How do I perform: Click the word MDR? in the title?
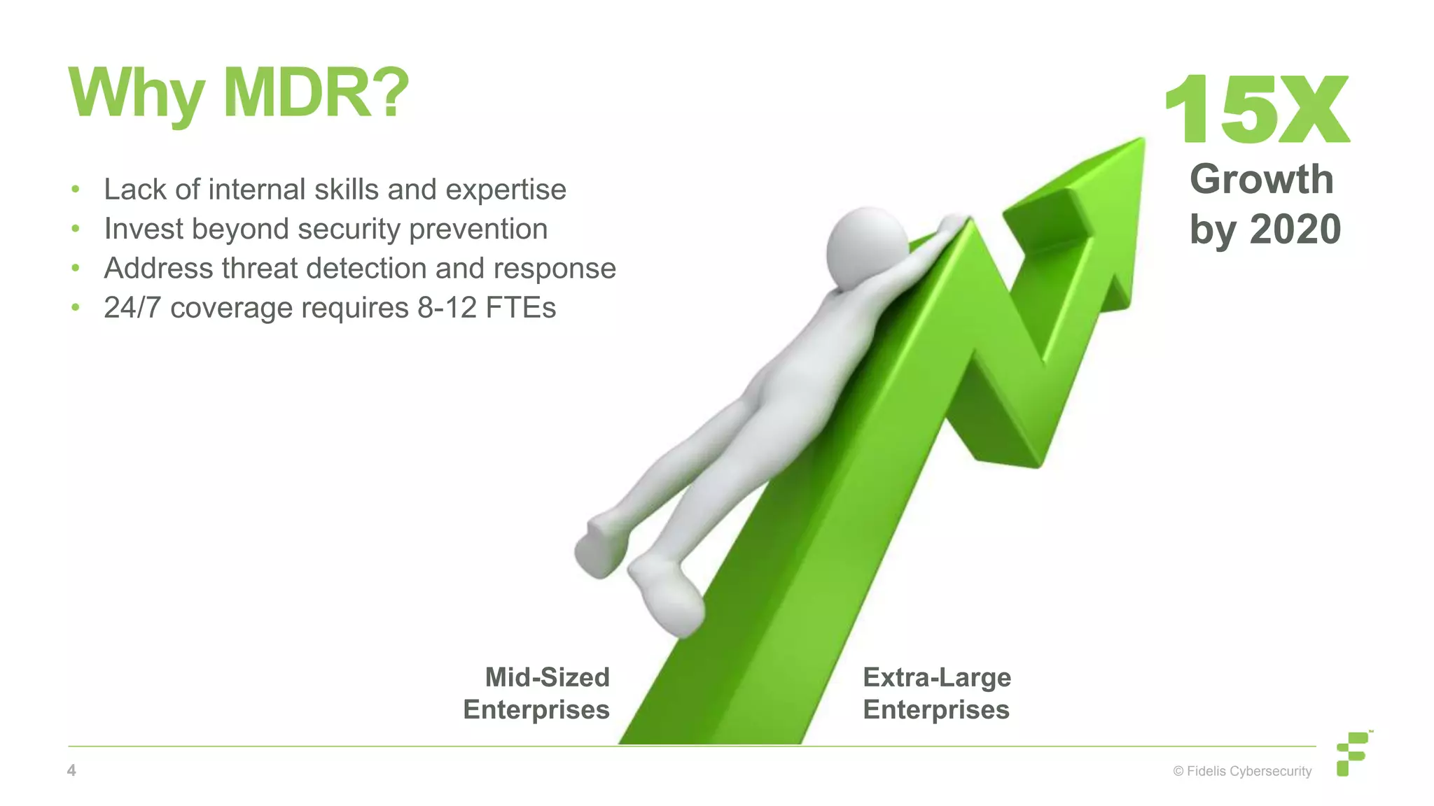click(x=315, y=93)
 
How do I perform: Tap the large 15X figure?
click(x=1257, y=110)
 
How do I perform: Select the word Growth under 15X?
click(x=1262, y=179)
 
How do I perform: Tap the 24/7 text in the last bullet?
click(x=132, y=308)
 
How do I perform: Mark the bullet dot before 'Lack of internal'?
click(x=76, y=190)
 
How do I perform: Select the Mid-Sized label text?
click(x=547, y=677)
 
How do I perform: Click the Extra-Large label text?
click(x=937, y=677)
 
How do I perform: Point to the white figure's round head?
click(x=867, y=248)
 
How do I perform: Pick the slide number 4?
click(x=71, y=770)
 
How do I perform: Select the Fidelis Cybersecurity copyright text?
click(x=1242, y=771)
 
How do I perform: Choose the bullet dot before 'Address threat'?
click(x=76, y=269)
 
